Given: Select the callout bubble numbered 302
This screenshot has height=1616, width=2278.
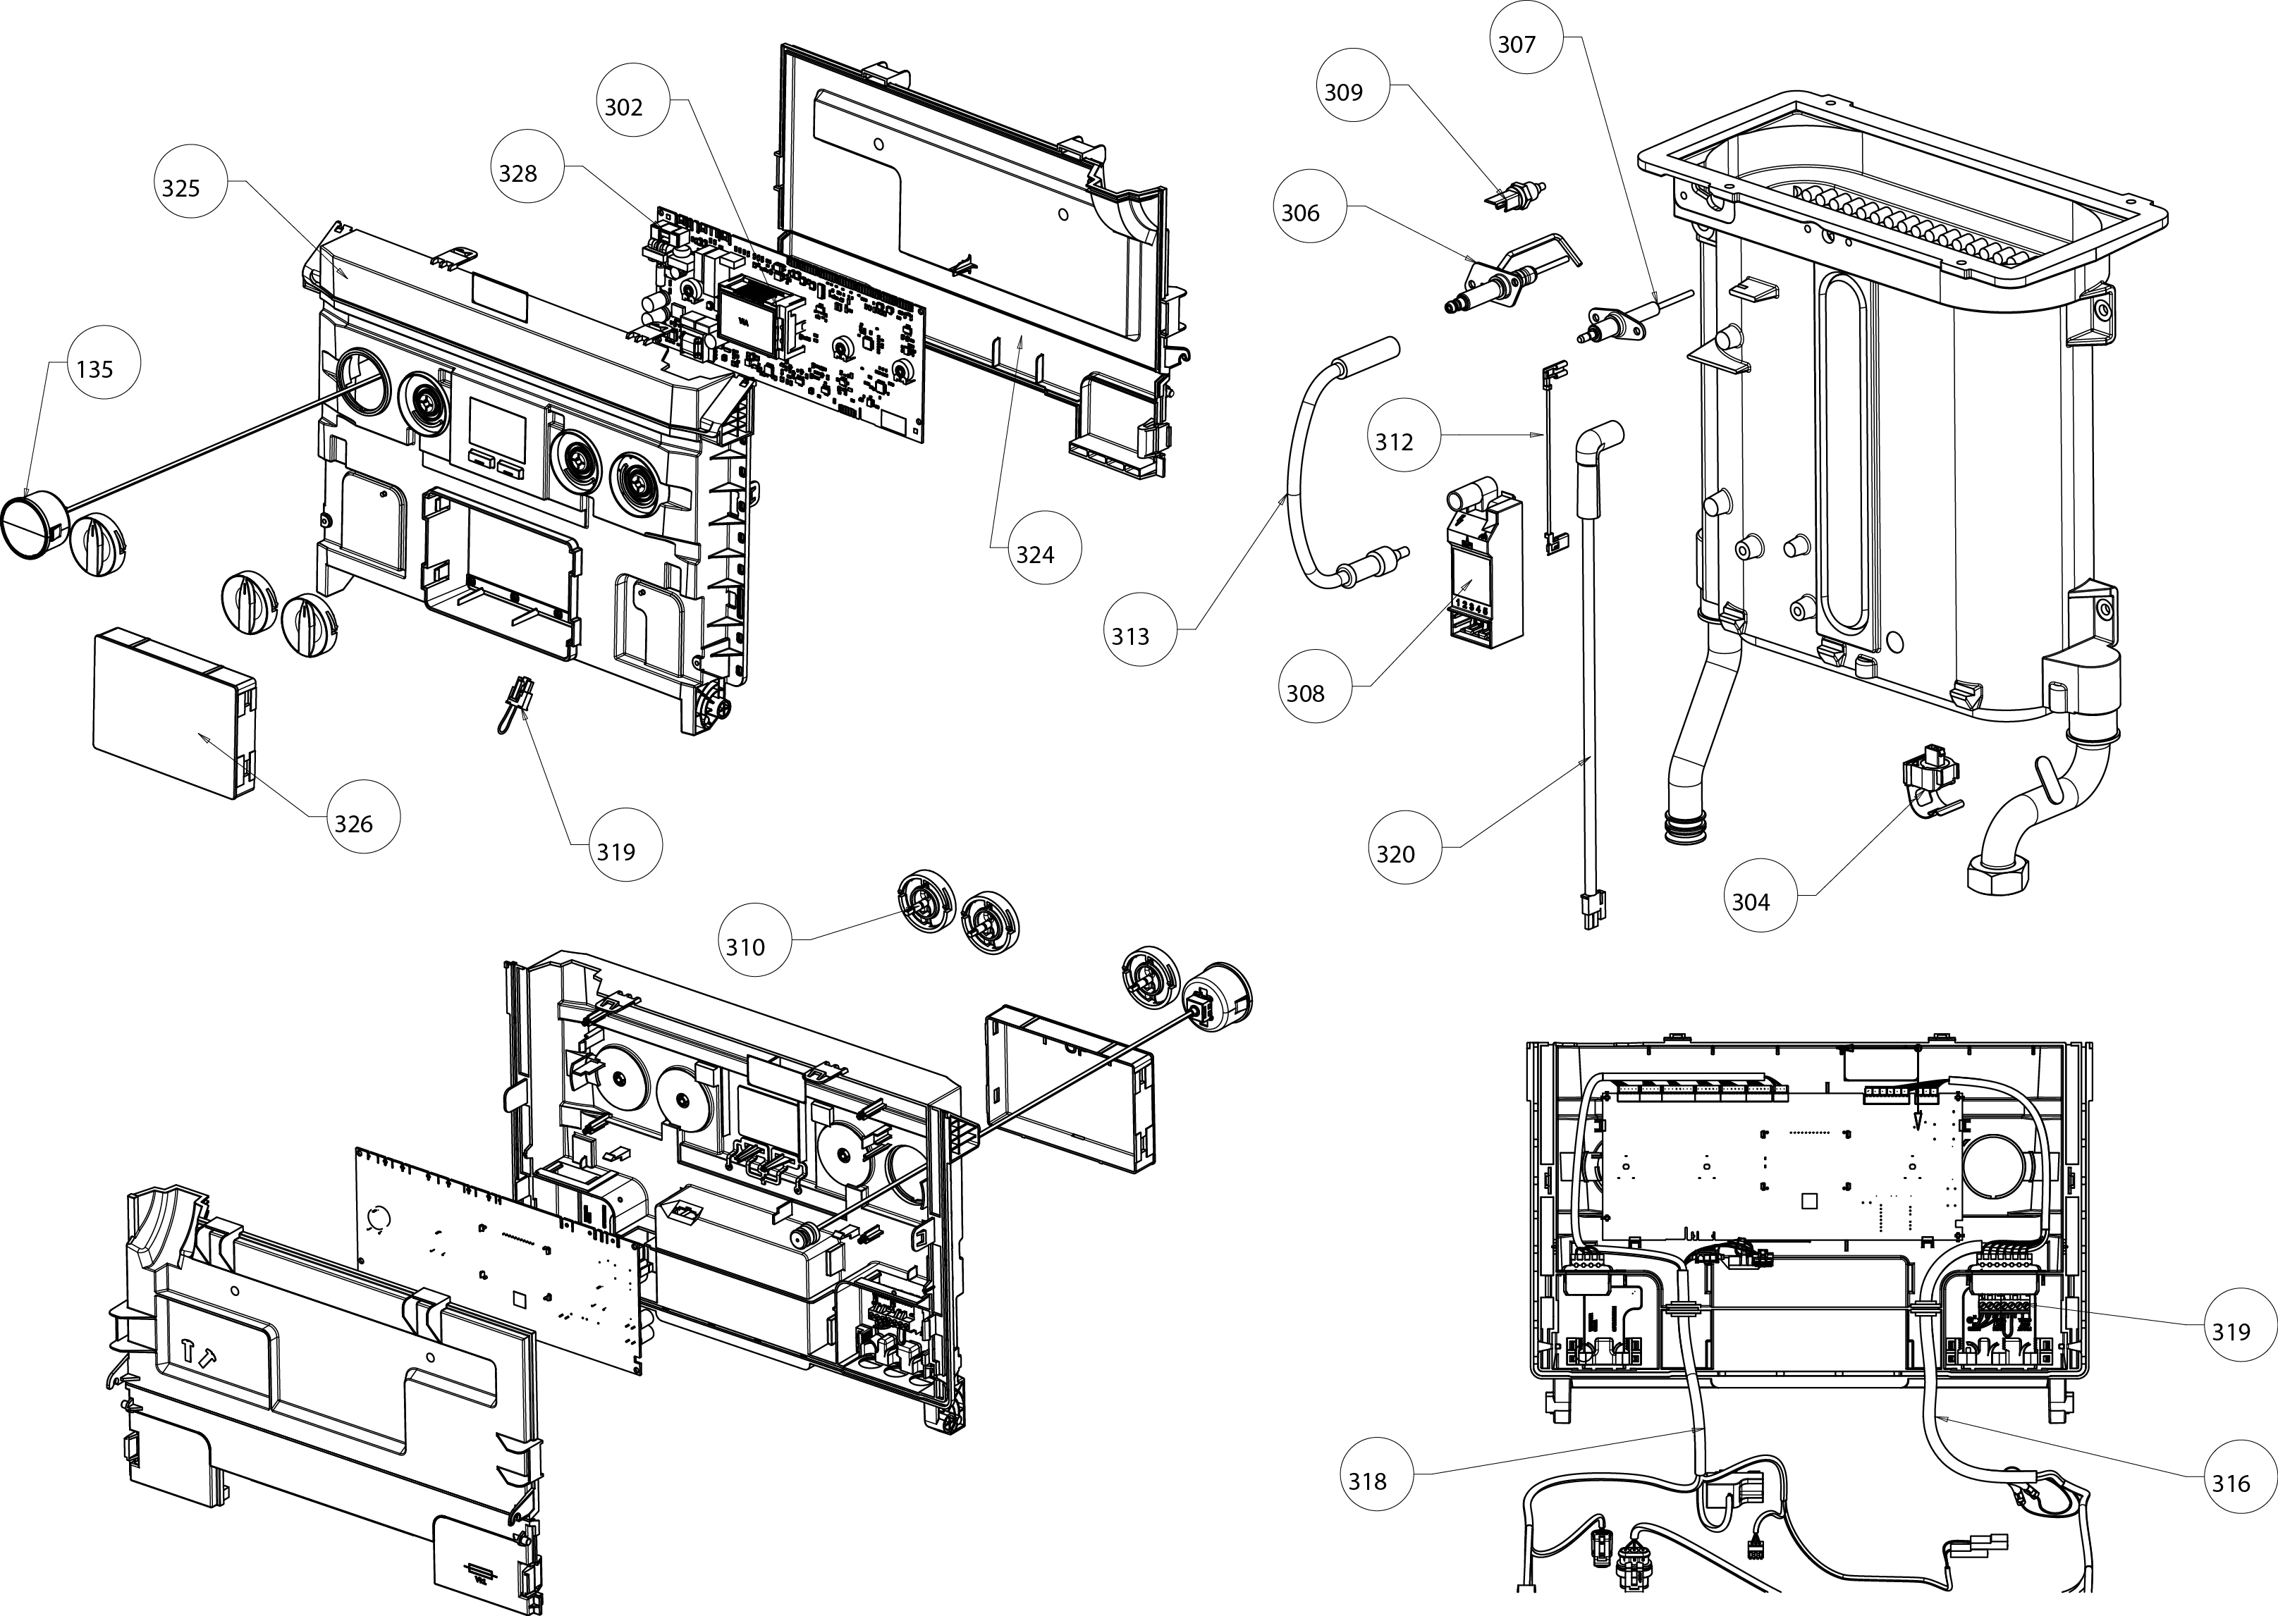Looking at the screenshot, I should pos(624,107).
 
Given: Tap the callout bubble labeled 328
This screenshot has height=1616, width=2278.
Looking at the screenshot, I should pos(518,174).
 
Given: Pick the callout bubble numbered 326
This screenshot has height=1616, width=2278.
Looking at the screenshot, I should pos(353,823).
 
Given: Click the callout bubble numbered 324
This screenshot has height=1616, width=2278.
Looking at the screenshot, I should pos(1035,554).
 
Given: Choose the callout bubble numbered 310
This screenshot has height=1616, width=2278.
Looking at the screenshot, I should pos(745,946).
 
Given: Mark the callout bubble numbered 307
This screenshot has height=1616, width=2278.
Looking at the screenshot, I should pos(1517,44).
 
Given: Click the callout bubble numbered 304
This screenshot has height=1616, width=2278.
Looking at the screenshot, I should pos(1751,901).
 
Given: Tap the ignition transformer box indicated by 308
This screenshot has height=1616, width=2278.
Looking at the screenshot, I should pos(1483,577).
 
